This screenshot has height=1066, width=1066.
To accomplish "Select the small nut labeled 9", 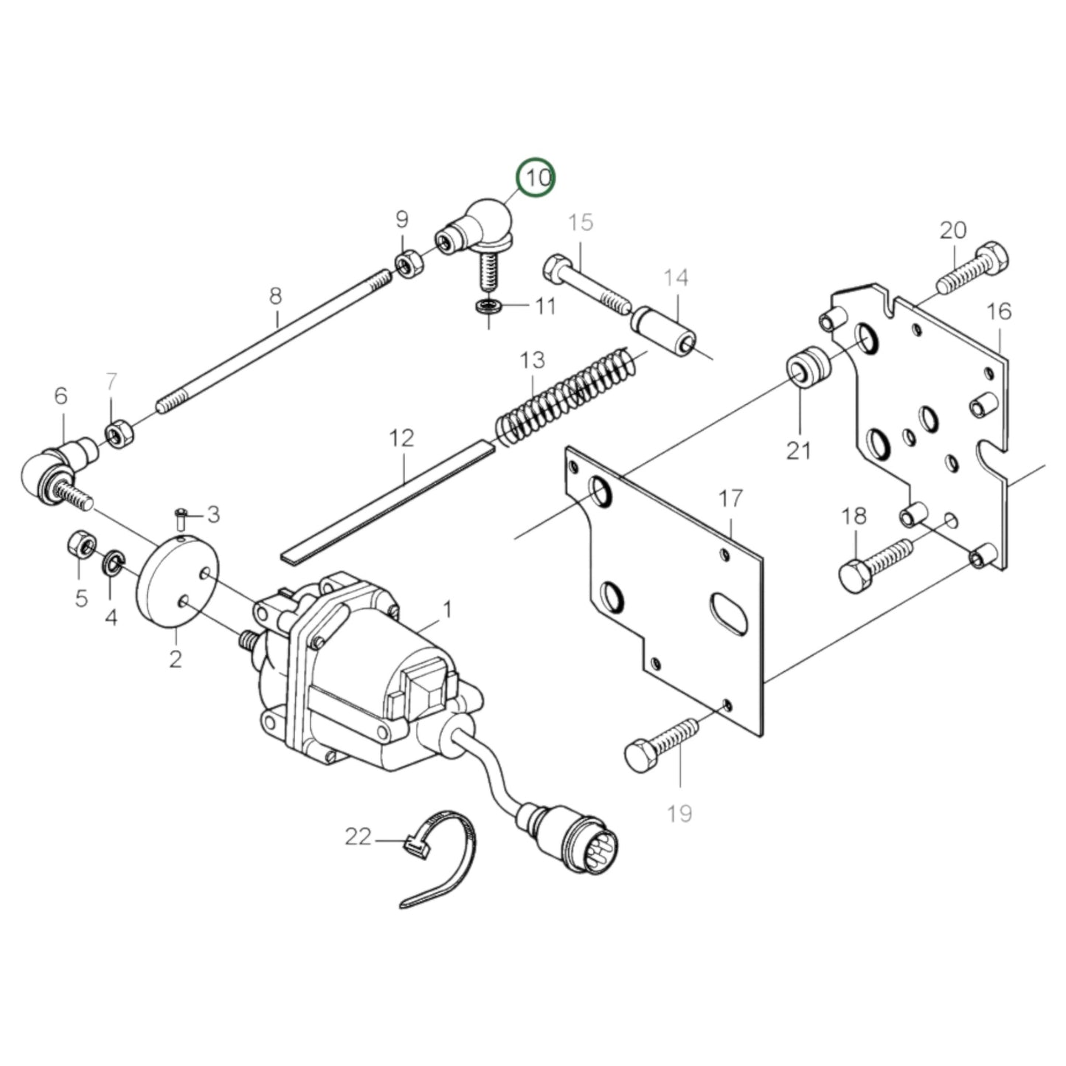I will click(x=406, y=263).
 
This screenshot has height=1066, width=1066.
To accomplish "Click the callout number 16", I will click(x=998, y=311).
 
